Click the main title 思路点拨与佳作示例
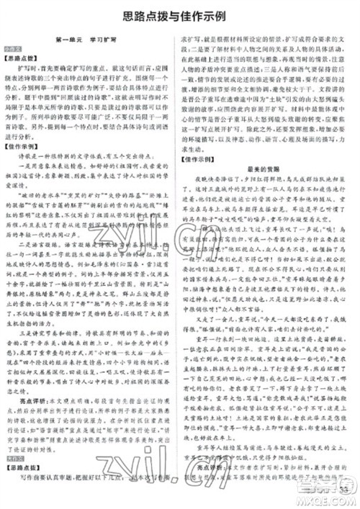(x=180, y=15)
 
